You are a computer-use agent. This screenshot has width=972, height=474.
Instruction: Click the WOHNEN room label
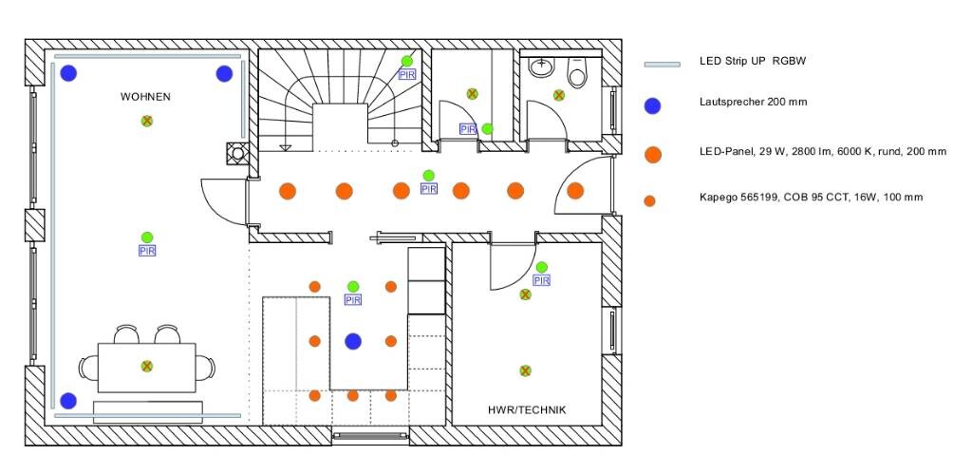coord(145,97)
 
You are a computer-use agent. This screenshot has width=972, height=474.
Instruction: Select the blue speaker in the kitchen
coord(353,341)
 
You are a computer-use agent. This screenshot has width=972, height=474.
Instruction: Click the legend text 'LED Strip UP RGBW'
coord(753,62)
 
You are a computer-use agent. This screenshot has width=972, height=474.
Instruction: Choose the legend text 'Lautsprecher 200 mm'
coord(753,102)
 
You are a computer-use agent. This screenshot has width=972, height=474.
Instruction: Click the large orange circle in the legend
coord(651,154)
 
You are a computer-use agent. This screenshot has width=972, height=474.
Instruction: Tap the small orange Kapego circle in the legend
coord(650,200)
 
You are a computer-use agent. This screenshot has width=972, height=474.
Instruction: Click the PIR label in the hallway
coord(429,189)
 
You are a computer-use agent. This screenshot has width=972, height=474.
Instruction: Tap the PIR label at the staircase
coord(406,74)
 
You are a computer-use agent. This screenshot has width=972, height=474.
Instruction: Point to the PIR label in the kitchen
coord(353,300)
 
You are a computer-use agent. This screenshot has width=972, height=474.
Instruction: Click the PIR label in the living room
coord(147,251)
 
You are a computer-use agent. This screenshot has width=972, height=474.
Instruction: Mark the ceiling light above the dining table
coord(147,366)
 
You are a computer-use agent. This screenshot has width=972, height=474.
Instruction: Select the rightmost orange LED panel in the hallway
coord(575,191)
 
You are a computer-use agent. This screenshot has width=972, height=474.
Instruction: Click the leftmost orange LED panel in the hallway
coord(288,191)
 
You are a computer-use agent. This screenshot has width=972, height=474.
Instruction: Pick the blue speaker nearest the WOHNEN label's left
coord(68,73)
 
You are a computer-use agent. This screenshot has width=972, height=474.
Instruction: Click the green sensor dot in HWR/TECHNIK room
coord(541,267)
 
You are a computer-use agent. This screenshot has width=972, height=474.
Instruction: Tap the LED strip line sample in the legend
coord(663,64)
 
